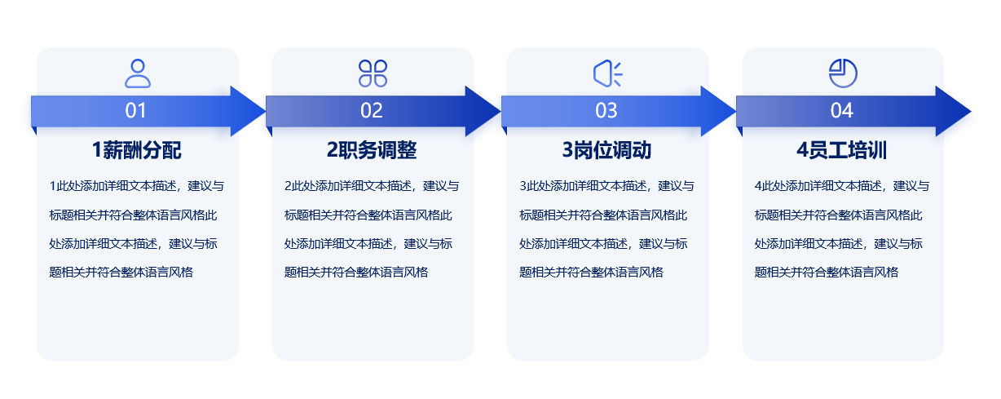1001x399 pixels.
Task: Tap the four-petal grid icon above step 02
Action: point(373,73)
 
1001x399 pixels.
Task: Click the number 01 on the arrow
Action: point(135,110)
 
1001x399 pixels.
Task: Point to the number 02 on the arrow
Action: point(372,110)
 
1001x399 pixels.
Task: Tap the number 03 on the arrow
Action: point(606,110)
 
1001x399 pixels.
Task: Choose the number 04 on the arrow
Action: point(841,110)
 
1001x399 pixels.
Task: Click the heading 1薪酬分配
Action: point(136,150)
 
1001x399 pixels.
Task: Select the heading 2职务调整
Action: point(372,150)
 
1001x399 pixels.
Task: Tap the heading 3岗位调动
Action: point(606,150)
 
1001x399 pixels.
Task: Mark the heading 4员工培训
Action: point(841,150)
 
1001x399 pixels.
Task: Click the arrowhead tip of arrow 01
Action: point(266,111)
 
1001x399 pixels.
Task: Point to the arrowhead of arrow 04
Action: point(953,111)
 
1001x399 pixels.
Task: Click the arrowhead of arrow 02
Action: point(483,111)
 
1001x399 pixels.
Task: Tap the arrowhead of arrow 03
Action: point(718,111)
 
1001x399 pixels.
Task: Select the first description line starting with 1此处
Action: point(137,186)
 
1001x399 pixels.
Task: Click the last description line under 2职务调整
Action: point(356,272)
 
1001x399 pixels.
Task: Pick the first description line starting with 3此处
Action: point(606,186)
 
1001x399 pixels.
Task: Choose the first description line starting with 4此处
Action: point(842,186)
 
